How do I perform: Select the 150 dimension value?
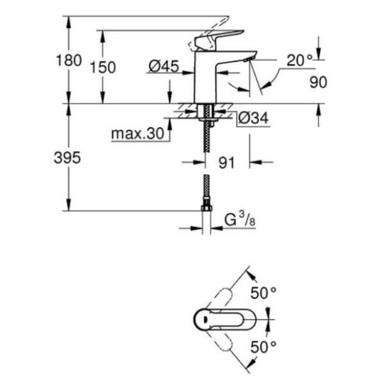103,67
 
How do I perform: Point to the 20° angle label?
299,60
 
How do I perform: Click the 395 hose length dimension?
67,158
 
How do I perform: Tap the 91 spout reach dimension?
227,163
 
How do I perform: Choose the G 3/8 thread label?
236,219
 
